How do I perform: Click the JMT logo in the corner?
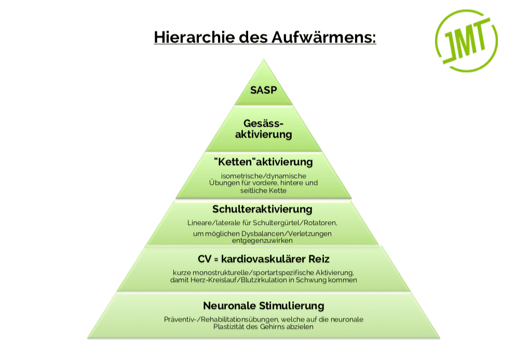point(466,41)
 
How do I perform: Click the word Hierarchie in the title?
point(194,37)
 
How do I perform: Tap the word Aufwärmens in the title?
point(323,37)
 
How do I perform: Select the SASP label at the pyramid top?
point(264,90)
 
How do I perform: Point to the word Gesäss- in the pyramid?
point(264,123)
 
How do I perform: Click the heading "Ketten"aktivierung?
point(264,162)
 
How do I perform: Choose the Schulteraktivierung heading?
point(262,209)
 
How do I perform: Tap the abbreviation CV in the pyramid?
point(205,259)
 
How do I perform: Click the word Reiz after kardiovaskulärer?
point(319,259)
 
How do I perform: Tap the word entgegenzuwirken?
point(262,241)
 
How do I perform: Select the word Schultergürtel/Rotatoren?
point(294,223)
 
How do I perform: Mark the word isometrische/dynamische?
point(264,176)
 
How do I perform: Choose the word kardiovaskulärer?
point(263,259)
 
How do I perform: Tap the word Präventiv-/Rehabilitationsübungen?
point(221,319)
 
